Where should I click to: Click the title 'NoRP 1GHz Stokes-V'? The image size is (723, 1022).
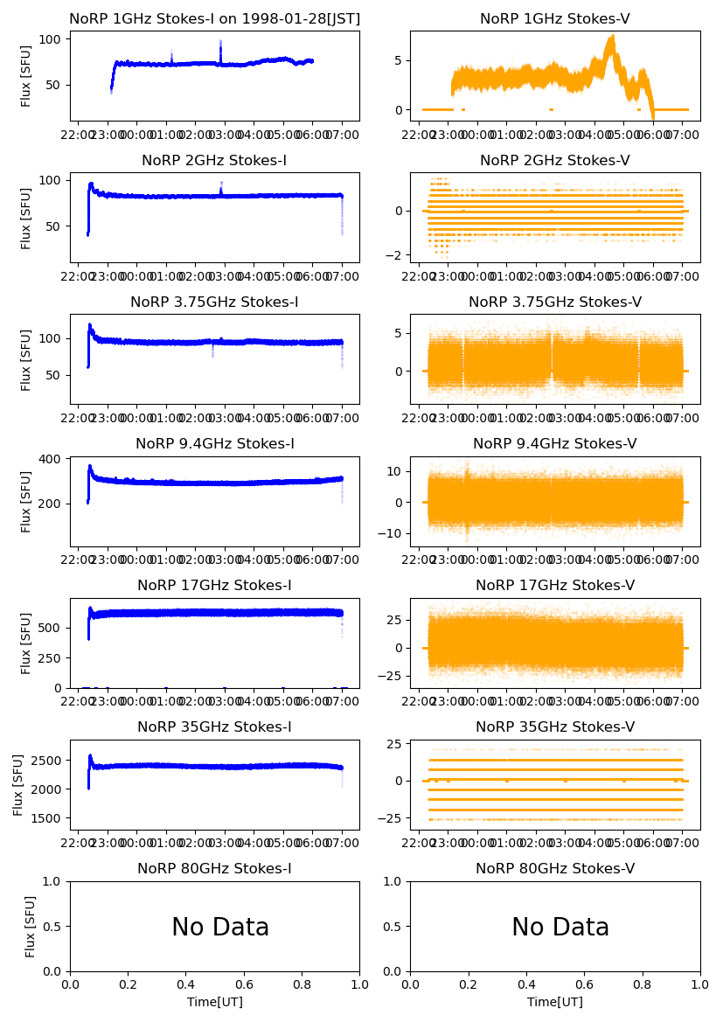tap(555, 18)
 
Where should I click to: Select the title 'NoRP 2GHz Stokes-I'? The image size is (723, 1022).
tap(214, 160)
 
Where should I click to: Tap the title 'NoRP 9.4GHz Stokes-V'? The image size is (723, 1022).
tap(555, 444)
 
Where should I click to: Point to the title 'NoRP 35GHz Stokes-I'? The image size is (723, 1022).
tap(214, 727)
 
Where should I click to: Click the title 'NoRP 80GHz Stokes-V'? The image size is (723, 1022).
tap(555, 869)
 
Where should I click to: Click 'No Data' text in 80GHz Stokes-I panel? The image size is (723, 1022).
tap(220, 928)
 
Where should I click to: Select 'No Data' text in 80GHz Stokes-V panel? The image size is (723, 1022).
tap(560, 928)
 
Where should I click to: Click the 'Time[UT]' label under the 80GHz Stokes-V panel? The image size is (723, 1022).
tap(555, 1002)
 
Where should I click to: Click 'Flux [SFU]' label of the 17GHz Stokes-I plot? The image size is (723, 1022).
tap(26, 643)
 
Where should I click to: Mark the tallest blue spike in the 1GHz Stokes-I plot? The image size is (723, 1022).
tap(220, 41)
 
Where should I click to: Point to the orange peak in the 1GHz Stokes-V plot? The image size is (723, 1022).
tap(612, 37)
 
